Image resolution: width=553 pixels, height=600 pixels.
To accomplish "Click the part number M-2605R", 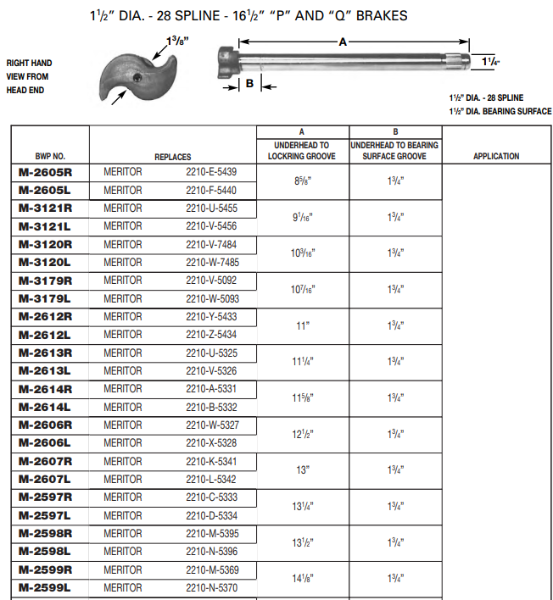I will (45, 171).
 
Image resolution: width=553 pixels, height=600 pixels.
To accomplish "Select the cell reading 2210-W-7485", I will (211, 262).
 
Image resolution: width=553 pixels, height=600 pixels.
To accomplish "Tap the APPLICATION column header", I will (496, 156).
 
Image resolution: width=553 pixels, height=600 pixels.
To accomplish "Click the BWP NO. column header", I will (49, 157).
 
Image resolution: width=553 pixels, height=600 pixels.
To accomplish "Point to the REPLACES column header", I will (172, 157).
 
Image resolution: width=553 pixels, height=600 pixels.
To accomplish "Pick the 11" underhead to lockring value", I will (301, 325).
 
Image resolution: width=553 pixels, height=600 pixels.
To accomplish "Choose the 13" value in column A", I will (301, 470).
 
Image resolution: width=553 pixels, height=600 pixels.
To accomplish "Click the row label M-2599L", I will (45, 587).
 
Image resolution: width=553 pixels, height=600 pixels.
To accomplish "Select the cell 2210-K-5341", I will (211, 462).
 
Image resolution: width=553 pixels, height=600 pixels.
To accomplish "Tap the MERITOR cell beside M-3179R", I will (123, 281).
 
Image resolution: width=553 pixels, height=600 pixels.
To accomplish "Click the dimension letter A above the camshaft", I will (343, 40).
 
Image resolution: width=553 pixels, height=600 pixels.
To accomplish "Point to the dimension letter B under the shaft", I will (249, 84).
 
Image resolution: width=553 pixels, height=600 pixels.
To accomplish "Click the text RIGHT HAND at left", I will (29, 63).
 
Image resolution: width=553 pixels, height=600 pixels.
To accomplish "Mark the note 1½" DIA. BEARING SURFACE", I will (500, 111).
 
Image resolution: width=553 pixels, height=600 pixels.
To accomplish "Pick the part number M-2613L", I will (45, 370).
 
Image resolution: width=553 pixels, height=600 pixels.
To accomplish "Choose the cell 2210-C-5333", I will (211, 497).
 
